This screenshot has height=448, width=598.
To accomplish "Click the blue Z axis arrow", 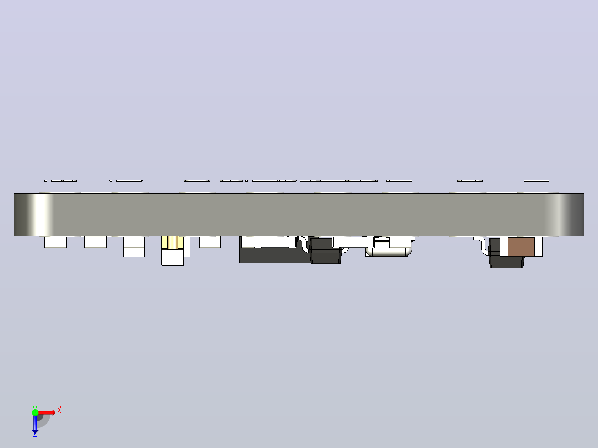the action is click(35, 424).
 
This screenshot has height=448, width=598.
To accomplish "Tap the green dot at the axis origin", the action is click(35, 413).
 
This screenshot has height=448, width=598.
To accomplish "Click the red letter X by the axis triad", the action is click(59, 410).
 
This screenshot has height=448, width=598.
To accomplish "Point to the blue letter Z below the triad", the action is click(35, 434).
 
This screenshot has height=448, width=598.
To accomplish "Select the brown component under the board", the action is click(521, 247).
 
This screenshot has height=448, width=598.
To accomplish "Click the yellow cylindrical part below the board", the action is click(173, 242).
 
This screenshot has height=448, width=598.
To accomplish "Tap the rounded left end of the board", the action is click(34, 214).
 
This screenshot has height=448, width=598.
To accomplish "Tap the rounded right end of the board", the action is click(564, 214).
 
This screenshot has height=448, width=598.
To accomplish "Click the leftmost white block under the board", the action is click(55, 242).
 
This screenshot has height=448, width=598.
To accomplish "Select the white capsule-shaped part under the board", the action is click(389, 252).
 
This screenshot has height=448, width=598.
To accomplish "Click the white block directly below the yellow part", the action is click(173, 257).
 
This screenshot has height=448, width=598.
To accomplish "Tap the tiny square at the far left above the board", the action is click(45, 181).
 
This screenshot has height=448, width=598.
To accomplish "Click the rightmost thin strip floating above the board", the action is click(536, 181).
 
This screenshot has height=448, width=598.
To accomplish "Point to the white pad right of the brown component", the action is click(538, 247).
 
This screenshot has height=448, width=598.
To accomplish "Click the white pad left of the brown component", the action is click(504, 247).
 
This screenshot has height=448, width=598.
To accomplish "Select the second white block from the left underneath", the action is click(95, 242).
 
